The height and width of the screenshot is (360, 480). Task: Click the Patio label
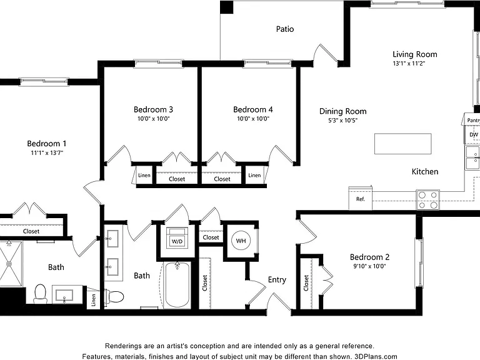click(x=285, y=29)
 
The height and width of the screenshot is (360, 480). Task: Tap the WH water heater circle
click(x=241, y=241)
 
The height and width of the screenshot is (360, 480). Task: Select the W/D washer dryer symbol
click(x=177, y=238)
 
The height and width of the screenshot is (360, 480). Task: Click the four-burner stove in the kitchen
click(x=427, y=200)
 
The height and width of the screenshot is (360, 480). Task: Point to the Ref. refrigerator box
click(x=360, y=198)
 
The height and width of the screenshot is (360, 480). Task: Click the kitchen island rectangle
click(x=403, y=144)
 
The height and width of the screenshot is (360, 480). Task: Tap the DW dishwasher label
click(x=474, y=135)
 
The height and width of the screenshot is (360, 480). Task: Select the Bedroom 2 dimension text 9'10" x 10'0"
click(x=369, y=266)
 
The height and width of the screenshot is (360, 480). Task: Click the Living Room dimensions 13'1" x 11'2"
click(x=409, y=64)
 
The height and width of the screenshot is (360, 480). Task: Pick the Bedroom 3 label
click(x=153, y=109)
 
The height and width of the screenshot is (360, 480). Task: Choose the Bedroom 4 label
click(x=253, y=109)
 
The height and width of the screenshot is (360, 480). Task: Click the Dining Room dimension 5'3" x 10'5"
click(x=343, y=120)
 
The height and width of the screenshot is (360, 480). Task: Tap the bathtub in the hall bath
click(x=177, y=285)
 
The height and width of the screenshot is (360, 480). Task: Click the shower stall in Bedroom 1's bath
click(x=11, y=264)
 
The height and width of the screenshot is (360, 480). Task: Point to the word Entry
click(x=277, y=280)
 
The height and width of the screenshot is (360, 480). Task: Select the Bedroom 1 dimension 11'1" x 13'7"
click(x=47, y=152)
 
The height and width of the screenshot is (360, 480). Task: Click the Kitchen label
click(x=425, y=172)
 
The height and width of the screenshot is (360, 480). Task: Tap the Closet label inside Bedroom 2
click(x=306, y=283)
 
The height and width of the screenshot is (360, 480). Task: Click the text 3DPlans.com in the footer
click(x=376, y=357)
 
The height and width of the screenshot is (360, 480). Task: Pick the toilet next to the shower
click(x=40, y=294)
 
